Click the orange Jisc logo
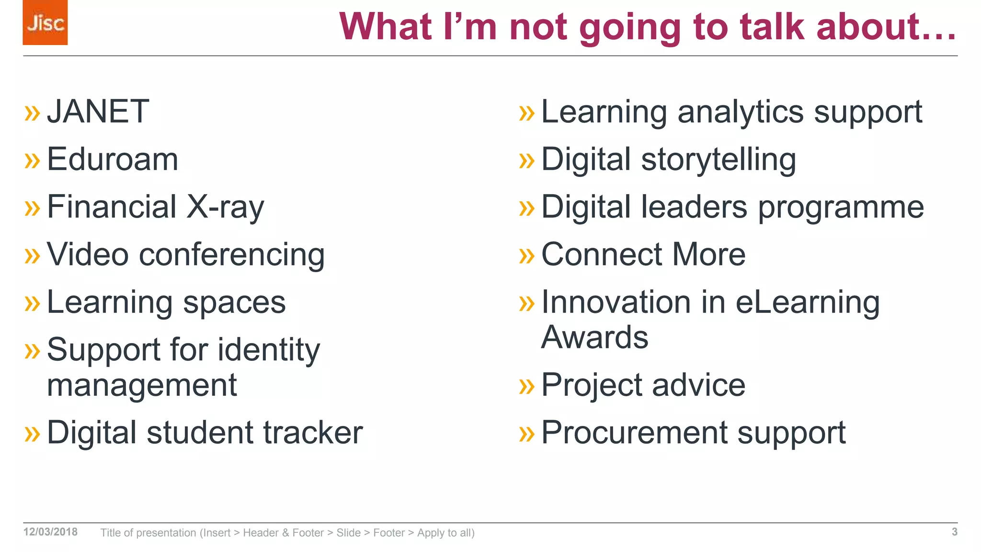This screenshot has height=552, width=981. click(x=45, y=23)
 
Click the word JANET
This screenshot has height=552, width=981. click(x=98, y=112)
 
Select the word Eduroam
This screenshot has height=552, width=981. click(x=113, y=159)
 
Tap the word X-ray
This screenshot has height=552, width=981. click(x=225, y=207)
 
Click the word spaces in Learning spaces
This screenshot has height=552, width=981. click(x=234, y=302)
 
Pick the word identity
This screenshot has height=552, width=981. click(x=269, y=350)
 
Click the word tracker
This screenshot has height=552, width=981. click(x=313, y=433)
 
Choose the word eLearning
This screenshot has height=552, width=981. click(x=808, y=302)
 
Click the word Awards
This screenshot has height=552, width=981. click(x=594, y=337)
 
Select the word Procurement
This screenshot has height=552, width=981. click(x=635, y=433)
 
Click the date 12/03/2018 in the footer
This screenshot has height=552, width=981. click(x=50, y=532)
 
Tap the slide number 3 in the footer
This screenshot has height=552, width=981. click(x=954, y=532)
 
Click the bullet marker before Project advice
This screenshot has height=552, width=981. click(x=526, y=386)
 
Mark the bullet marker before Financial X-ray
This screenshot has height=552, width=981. click(x=32, y=208)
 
